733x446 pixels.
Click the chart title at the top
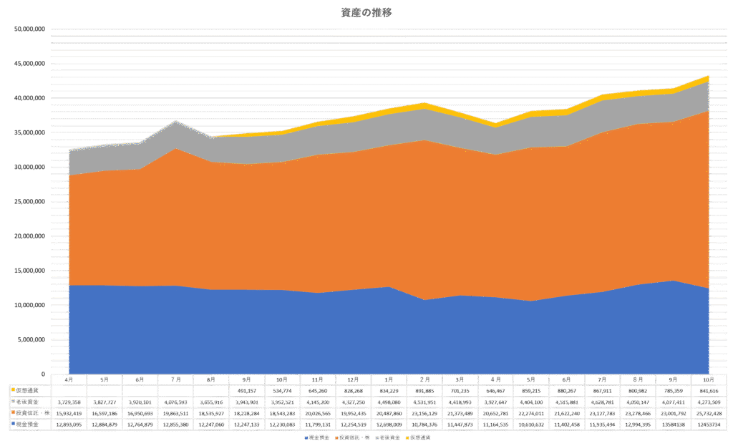point(366,12)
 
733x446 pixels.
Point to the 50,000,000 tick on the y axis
point(30,29)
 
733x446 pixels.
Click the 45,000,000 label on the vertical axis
point(30,64)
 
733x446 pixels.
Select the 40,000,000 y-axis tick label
point(30,98)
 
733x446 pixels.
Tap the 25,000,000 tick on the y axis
point(30,202)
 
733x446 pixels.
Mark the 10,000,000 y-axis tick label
point(30,305)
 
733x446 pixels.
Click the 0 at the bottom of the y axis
point(43,374)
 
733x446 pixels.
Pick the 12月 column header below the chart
point(353,379)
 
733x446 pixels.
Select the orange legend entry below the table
point(347,437)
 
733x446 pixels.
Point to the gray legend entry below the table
point(382,437)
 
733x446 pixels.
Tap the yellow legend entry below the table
point(417,437)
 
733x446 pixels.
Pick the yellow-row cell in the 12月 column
point(353,390)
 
